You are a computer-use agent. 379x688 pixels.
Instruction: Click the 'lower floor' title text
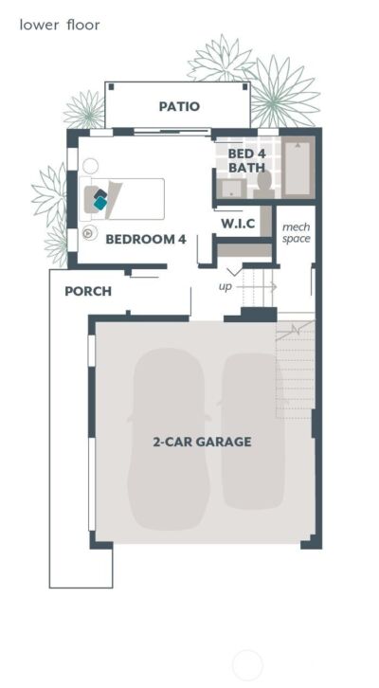point(59,25)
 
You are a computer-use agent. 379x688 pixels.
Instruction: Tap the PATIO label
point(179,106)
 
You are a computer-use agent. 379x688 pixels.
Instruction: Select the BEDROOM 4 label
point(145,239)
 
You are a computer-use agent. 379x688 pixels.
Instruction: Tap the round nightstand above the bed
point(91,166)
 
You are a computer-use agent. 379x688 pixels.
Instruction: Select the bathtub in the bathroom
point(298,168)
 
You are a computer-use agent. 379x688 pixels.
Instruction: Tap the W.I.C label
point(238,224)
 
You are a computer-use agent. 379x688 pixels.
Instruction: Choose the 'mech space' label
point(296,232)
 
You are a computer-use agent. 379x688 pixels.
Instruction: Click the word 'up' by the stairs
point(226,285)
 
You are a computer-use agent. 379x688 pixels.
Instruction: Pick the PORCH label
point(88,291)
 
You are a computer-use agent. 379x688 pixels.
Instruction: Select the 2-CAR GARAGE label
point(202,442)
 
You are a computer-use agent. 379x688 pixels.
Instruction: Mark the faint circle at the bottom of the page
point(246,665)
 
